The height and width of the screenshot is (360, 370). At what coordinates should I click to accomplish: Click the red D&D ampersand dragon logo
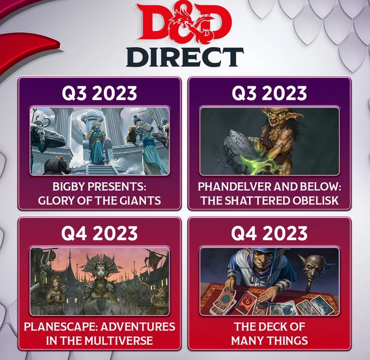[185, 23]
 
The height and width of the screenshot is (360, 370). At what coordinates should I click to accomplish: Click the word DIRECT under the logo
[185, 57]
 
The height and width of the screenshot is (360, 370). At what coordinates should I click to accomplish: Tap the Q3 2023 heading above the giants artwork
[99, 93]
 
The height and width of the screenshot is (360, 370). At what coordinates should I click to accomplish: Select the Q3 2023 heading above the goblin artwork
[269, 93]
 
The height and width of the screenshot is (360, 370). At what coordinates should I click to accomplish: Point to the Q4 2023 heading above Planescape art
[99, 233]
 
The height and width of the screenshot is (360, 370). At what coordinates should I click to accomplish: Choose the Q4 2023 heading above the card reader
[269, 233]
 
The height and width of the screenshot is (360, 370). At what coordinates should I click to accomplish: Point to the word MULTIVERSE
[118, 340]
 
